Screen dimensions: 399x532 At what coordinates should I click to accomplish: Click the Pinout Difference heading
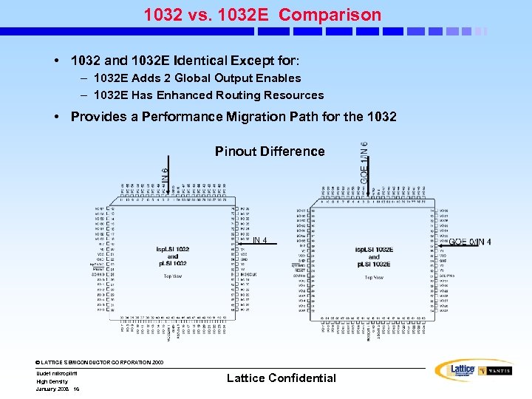click(270, 151)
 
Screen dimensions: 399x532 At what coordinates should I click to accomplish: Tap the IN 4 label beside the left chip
click(259, 239)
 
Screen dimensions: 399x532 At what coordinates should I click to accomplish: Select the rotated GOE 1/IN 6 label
click(365, 163)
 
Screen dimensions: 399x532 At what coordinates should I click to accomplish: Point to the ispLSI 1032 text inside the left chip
click(172, 250)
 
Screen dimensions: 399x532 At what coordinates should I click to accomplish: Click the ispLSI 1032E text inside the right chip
click(373, 250)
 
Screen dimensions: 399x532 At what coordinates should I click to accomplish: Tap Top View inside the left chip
click(174, 276)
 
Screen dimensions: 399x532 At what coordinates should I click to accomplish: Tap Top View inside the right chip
click(374, 277)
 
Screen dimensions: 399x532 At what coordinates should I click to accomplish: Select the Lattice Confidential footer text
click(281, 378)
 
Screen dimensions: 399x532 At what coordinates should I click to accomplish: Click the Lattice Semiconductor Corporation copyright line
click(99, 363)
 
